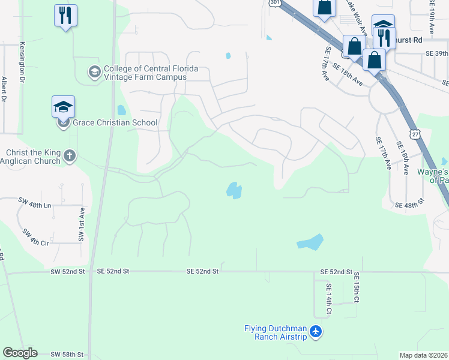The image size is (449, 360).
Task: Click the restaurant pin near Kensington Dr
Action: pos(65,15)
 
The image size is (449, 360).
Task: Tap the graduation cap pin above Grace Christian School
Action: pos(63,107)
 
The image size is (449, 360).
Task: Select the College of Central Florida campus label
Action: pos(145,73)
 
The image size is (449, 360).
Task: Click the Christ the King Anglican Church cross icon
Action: pos(70,156)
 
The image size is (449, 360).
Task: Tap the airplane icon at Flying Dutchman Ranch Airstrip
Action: pos(317,332)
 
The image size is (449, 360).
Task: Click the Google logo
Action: pos(20,353)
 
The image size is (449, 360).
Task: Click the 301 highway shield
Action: pos(274,3)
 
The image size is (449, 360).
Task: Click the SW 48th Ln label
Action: pos(35,205)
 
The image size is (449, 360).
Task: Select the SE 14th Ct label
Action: pos(328,300)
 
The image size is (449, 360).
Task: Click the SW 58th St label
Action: pos(67,355)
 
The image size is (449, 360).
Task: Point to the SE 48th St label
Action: pos(409,205)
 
